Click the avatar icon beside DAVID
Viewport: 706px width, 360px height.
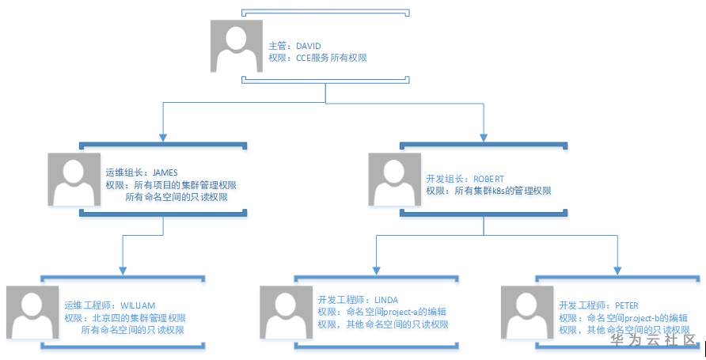coord(237,46)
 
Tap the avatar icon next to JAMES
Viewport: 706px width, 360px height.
coord(74,180)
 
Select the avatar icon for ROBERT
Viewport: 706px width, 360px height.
coord(395,180)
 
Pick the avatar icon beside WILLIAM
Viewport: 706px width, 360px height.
coord(32,313)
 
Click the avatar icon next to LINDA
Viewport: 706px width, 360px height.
coord(287,313)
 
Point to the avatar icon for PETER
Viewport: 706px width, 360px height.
coord(527,313)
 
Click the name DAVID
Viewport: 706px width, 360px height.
coord(309,46)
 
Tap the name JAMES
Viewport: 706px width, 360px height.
coord(165,172)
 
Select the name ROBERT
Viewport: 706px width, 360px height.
coord(488,179)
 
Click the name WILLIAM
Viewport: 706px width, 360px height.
coord(138,305)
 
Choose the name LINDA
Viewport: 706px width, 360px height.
coord(386,300)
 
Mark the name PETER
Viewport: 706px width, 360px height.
coord(627,305)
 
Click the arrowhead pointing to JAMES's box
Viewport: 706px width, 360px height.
coord(163,138)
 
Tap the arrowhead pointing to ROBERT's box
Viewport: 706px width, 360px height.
coord(484,138)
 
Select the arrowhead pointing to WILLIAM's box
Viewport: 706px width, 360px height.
coord(123,271)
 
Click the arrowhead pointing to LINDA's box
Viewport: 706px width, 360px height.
coord(377,271)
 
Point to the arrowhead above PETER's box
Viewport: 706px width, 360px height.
coord(617,271)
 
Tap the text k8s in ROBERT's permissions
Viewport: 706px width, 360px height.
coord(499,191)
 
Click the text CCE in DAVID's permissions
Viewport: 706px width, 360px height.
coord(303,58)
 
